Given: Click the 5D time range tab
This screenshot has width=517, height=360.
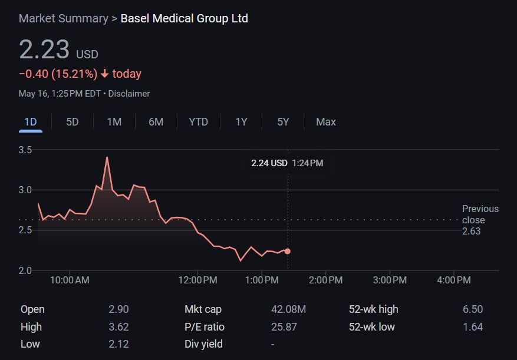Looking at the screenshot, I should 72,122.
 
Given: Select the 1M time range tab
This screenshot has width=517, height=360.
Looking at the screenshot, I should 114,122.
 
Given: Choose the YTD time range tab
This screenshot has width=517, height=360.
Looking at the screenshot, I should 198,122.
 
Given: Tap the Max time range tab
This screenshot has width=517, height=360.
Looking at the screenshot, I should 325,122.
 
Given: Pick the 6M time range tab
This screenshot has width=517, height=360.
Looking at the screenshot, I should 156,122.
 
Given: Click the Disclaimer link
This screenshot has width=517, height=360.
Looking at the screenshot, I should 129,94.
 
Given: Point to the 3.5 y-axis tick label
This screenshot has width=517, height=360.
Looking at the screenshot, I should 25,150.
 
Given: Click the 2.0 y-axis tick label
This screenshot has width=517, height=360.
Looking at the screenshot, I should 25,271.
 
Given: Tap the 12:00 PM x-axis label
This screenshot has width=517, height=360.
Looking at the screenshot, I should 197,280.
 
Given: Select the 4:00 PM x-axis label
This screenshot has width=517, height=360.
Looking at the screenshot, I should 454,280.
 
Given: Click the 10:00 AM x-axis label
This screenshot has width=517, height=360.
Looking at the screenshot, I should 70,280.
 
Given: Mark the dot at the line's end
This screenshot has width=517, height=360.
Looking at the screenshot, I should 288,251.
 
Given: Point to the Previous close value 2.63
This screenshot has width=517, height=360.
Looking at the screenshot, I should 471,231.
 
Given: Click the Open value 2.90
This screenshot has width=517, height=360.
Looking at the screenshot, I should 118,309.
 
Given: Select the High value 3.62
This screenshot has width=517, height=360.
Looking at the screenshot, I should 118,327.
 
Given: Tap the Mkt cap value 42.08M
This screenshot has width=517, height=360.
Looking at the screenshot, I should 288,309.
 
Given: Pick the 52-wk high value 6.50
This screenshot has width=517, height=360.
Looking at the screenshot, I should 473,309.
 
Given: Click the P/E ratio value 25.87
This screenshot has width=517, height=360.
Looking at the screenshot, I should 284,327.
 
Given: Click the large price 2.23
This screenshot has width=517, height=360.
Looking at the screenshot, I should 44,49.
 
